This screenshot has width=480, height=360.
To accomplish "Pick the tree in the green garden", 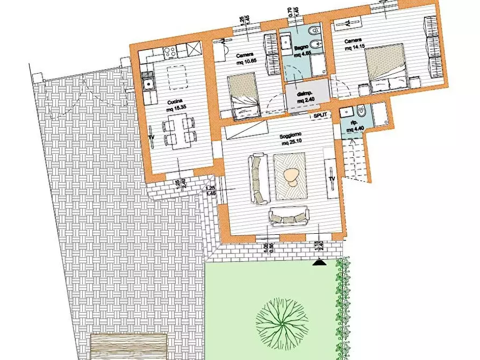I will pyautogui.click(x=280, y=320).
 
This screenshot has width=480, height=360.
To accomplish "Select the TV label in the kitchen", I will pyautogui.click(x=151, y=139).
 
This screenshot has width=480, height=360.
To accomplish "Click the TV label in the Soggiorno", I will pyautogui.click(x=332, y=178).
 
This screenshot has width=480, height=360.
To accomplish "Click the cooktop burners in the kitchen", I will pyautogui.click(x=170, y=52).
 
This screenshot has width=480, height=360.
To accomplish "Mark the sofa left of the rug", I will pyautogui.click(x=259, y=179).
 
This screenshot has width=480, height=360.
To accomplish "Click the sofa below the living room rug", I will pyautogui.click(x=289, y=215).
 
